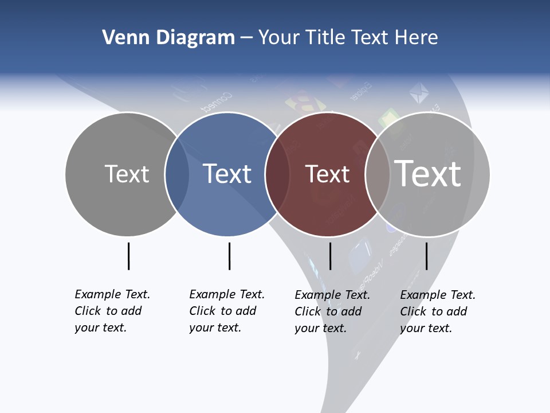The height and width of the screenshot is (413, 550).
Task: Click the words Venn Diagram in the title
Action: pyautogui.click(x=168, y=38)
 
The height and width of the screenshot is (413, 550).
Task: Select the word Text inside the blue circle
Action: pyautogui.click(x=227, y=174)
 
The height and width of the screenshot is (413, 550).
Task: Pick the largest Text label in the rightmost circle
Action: pyautogui.click(x=428, y=174)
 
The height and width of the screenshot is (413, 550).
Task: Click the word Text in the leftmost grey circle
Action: pyautogui.click(x=127, y=174)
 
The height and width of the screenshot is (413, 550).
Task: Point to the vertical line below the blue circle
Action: pyautogui.click(x=229, y=256)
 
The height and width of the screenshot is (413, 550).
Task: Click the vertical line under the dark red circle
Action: pyautogui.click(x=330, y=256)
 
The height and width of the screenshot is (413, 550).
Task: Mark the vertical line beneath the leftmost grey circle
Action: pyautogui.click(x=128, y=256)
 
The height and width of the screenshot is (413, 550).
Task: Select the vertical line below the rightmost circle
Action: pyautogui.click(x=426, y=256)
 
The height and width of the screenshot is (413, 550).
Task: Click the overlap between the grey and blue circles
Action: pyautogui.click(x=177, y=174)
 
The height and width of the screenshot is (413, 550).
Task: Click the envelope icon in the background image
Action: pyautogui.click(x=419, y=93)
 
